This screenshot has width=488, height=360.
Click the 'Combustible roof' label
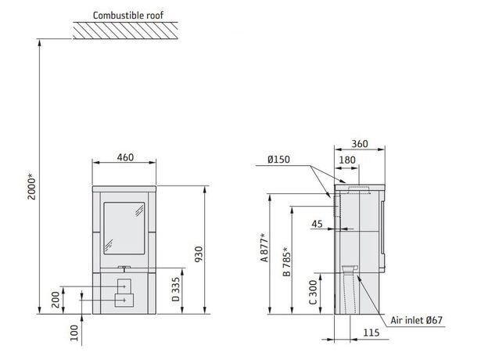tap(128, 15)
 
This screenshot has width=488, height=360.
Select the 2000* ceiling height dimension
tap(31, 187)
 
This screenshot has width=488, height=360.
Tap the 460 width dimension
tap(125, 157)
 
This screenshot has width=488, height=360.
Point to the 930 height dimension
tap(199, 254)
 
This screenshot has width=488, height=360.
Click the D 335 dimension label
tap(176, 290)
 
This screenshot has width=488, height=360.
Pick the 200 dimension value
tap(56, 300)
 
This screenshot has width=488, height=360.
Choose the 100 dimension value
tap(74, 333)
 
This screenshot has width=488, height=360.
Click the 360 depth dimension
tap(360, 144)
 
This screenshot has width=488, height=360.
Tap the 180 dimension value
tap(346, 160)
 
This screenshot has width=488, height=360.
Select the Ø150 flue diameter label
tap(278, 160)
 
